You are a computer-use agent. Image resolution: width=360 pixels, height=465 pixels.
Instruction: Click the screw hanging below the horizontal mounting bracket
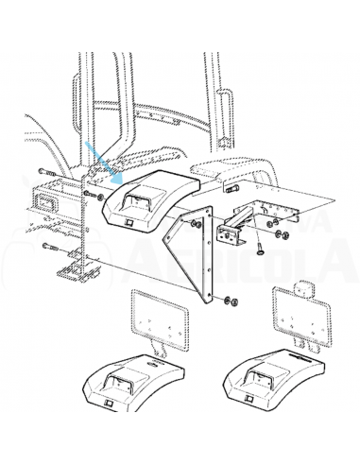(x=257, y=250)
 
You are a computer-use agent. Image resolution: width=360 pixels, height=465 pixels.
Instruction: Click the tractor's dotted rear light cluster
(x=47, y=202)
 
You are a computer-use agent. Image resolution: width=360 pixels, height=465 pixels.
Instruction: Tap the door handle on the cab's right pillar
(x=226, y=100)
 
